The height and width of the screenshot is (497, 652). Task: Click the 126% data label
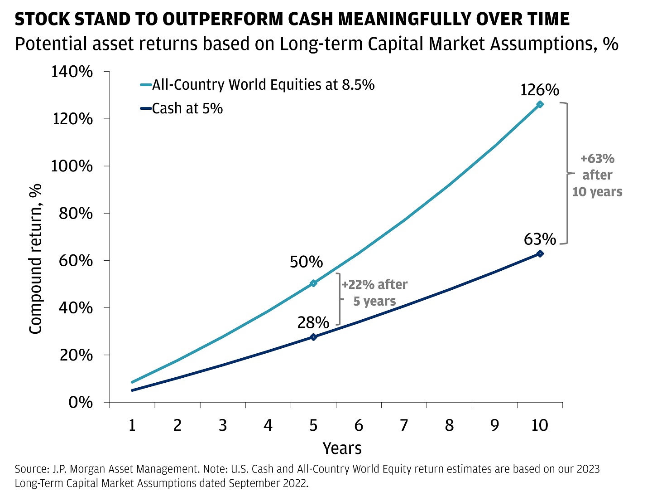tap(539, 90)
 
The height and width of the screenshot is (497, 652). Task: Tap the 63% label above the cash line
tap(539, 239)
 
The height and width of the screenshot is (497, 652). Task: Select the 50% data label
tap(306, 262)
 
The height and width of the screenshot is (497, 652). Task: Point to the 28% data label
tap(313, 322)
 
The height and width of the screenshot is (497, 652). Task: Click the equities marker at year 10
tap(540, 104)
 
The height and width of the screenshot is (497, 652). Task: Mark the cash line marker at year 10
tap(540, 253)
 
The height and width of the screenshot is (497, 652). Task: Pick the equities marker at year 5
tap(313, 283)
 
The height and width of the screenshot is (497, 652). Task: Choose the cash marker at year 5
tap(313, 337)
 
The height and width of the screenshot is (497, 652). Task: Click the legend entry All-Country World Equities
tap(263, 85)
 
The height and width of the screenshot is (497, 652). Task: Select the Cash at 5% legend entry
tap(187, 109)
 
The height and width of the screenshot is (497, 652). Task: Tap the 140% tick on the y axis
tap(72, 72)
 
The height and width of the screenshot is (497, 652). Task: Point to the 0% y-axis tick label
tap(81, 402)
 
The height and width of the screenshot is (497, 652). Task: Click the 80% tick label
tap(76, 213)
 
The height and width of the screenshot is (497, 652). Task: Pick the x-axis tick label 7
tap(404, 425)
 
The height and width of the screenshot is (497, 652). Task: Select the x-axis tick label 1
tap(132, 425)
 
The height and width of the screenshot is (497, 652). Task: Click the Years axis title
tap(342, 448)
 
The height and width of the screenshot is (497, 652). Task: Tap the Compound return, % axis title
tap(35, 258)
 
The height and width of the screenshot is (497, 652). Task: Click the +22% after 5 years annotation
tap(374, 293)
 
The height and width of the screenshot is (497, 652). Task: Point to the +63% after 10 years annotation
tap(597, 175)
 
